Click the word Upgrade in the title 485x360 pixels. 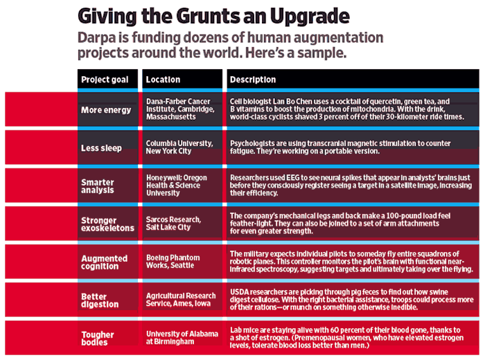pos(303,15)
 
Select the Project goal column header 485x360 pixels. pos(105,80)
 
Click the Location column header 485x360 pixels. pos(164,80)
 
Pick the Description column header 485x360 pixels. pos(253,80)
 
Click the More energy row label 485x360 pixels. pos(106,110)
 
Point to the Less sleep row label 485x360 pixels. pos(102,148)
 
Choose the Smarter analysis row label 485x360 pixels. pos(99,187)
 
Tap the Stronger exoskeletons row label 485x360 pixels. pos(108,225)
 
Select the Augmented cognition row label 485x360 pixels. pos(105,263)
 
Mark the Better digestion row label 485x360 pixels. pos(100,300)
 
